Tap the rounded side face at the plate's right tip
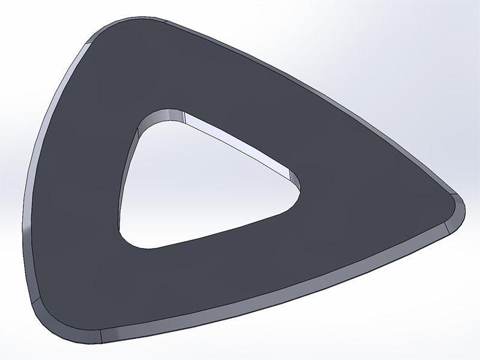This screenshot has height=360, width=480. point(458,212)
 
